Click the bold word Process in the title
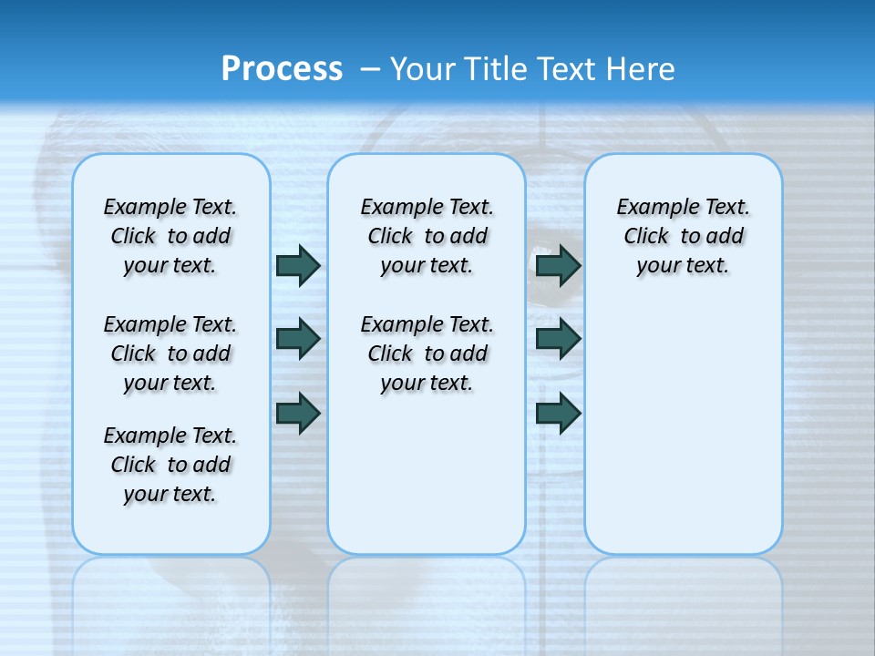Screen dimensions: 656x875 tap(282, 69)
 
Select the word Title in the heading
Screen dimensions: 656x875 tap(498, 69)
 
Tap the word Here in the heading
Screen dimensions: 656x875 tap(643, 69)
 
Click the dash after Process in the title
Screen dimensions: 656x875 tap(370, 70)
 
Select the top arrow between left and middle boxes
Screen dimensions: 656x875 tap(298, 265)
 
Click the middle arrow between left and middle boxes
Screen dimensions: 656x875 tap(298, 339)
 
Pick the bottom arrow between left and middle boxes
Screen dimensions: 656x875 tap(298, 413)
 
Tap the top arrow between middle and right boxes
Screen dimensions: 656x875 tap(559, 265)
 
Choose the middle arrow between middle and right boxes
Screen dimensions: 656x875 tap(559, 339)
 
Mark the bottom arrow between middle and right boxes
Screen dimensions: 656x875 tap(559, 413)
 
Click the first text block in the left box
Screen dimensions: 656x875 tap(170, 236)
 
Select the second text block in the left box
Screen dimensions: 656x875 tap(170, 354)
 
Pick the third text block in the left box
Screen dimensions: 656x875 tap(170, 465)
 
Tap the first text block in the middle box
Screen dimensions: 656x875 tap(427, 236)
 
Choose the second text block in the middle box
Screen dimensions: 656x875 tap(427, 354)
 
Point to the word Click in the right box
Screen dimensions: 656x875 tap(646, 237)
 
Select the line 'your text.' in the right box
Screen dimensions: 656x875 tap(683, 266)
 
